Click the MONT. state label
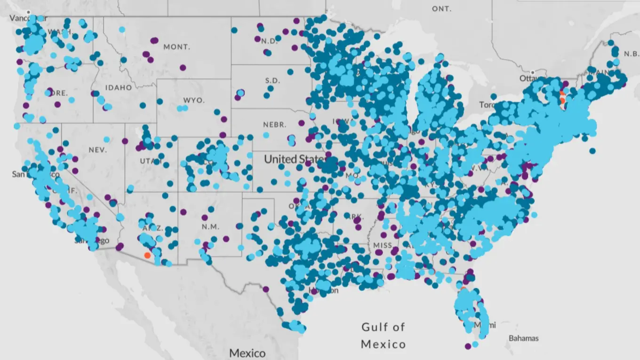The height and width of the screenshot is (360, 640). pyautogui.click(x=176, y=47)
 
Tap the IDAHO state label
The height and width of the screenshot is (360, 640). pyautogui.click(x=119, y=88)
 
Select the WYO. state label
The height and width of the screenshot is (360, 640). pyautogui.click(x=194, y=101)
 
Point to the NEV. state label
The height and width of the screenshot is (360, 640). pyautogui.click(x=97, y=150)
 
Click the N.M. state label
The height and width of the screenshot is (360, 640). pyautogui.click(x=210, y=226)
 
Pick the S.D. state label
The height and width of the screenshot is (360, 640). pyautogui.click(x=272, y=80)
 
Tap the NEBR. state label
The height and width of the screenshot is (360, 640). pyautogui.click(x=274, y=125)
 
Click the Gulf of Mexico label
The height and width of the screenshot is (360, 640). pyautogui.click(x=383, y=335)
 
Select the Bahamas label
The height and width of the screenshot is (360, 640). pyautogui.click(x=524, y=338)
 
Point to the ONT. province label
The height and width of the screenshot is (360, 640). pyautogui.click(x=441, y=9)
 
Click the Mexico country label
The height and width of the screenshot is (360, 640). pyautogui.click(x=247, y=353)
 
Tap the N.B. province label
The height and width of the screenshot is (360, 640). pyautogui.click(x=631, y=54)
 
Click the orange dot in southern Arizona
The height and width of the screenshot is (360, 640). pyautogui.click(x=147, y=255)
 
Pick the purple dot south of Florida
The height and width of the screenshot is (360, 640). pyautogui.click(x=468, y=346)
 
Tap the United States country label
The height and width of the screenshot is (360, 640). pyautogui.click(x=294, y=159)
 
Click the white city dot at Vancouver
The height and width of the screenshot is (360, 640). pyautogui.click(x=28, y=12)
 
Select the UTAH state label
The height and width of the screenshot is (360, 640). pyautogui.click(x=150, y=161)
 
